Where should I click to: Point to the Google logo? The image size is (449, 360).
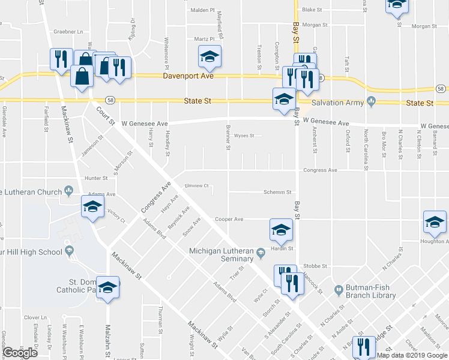coord(20,352)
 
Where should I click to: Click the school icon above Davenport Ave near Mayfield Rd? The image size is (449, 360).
coord(209,57)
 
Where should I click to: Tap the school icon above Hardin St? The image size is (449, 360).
coord(280,230)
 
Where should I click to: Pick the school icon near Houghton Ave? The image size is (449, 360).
coord(435,223)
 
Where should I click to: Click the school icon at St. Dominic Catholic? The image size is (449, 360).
coord(108,288)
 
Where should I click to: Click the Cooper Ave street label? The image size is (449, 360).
coord(229,219)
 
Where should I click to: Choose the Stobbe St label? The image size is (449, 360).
coord(315,265)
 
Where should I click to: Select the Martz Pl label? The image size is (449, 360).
coord(199,39)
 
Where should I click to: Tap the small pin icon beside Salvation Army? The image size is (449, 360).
coord(372,101)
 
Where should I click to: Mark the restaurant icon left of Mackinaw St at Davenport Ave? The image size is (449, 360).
coord(61,59)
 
